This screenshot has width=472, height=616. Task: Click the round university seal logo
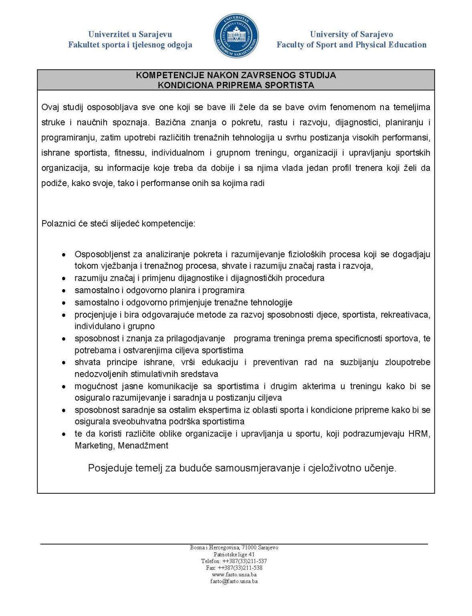pos(236,36)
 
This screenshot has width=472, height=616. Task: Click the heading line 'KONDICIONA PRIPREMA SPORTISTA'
pos(236,85)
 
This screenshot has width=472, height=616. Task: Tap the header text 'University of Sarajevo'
pos(351,34)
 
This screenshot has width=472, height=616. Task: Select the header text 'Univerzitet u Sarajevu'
pos(130,34)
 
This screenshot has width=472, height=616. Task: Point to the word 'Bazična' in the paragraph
pos(170,122)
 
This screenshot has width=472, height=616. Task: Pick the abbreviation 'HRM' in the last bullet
pos(418,434)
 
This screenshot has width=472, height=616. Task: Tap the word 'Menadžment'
pos(143,446)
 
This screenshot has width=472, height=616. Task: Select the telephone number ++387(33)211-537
pos(244,561)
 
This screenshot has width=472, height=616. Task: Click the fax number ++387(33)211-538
pos(240,568)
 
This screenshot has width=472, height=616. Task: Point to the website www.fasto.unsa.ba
pos(234,574)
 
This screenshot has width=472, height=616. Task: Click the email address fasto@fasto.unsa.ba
pos(234,581)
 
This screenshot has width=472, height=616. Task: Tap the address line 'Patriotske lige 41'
pos(234,554)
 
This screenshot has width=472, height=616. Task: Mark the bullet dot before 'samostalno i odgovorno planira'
pos(64,290)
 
